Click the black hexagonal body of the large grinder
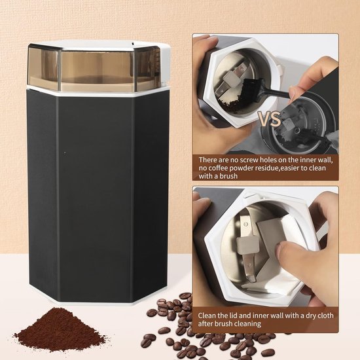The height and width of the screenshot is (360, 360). [98, 196]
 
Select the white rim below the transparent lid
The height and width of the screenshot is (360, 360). [98, 92]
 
